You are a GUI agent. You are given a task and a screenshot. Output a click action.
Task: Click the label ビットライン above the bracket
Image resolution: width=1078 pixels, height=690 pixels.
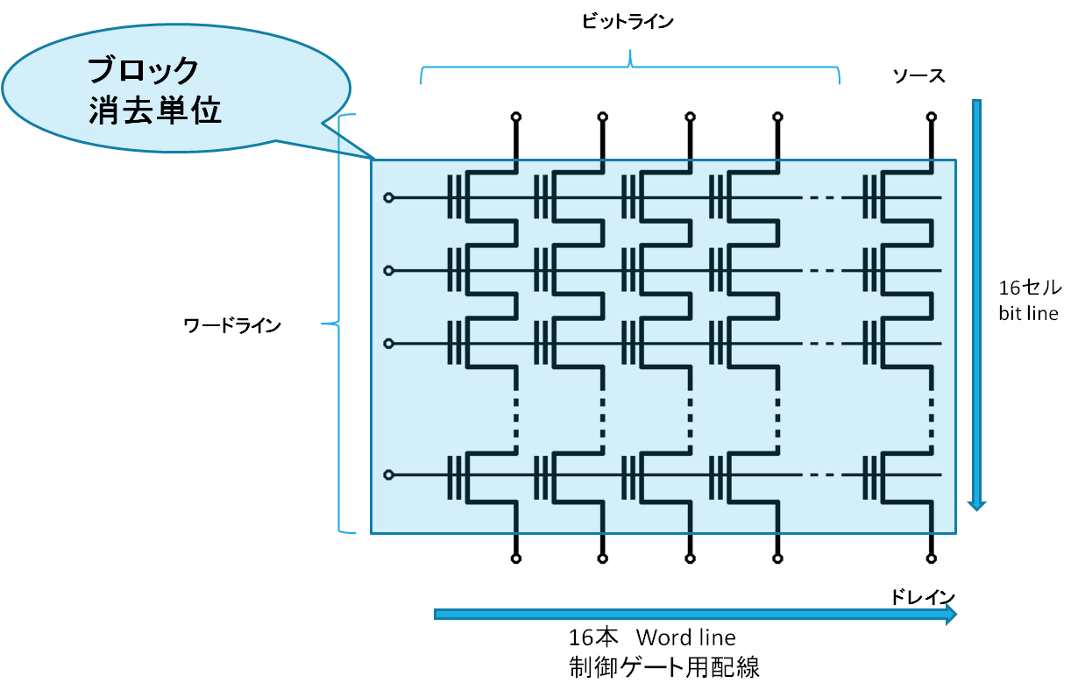pyautogui.click(x=628, y=22)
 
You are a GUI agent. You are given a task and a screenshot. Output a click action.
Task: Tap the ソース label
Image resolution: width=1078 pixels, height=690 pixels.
pyautogui.click(x=918, y=76)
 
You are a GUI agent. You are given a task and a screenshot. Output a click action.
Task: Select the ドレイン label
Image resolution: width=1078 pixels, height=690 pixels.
pyautogui.click(x=923, y=597)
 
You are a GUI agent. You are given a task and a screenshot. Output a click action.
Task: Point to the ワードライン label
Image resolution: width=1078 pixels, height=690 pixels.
pyautogui.click(x=232, y=325)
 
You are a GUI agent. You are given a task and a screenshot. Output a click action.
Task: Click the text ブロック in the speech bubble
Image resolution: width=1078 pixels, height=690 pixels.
pyautogui.click(x=143, y=70)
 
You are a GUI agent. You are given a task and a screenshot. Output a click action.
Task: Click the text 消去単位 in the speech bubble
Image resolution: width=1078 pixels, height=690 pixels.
pyautogui.click(x=155, y=110)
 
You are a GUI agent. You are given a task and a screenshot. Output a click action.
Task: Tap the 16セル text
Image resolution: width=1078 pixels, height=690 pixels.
pyautogui.click(x=1030, y=288)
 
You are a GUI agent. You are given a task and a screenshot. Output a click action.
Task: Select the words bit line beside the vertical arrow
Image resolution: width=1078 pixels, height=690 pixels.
pyautogui.click(x=1028, y=314)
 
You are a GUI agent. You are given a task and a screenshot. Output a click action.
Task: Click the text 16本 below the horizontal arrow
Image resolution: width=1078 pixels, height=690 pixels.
pyautogui.click(x=592, y=637)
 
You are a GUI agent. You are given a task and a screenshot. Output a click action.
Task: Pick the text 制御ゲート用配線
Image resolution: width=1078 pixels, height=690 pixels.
pyautogui.click(x=664, y=667)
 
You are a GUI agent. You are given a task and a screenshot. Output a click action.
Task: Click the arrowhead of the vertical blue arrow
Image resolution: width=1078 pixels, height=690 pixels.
pyautogui.click(x=977, y=505)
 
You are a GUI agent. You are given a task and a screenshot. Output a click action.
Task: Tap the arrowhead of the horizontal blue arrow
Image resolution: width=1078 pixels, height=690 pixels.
pyautogui.click(x=951, y=615)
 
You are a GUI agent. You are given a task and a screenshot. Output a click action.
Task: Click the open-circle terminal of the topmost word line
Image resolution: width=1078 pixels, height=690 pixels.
pyautogui.click(x=389, y=197)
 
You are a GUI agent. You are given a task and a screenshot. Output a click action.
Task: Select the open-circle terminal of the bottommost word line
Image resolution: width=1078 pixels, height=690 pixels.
pyautogui.click(x=389, y=475)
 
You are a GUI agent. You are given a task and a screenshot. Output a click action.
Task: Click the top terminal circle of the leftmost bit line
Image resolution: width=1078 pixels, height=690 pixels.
pyautogui.click(x=516, y=117)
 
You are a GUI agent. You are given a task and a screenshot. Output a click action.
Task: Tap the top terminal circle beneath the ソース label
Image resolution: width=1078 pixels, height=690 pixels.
pyautogui.click(x=932, y=117)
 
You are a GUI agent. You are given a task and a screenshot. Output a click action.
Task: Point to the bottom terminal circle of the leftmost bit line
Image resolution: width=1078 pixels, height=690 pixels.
pyautogui.click(x=516, y=558)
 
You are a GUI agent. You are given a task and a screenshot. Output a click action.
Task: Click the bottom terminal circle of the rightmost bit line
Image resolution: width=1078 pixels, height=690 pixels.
pyautogui.click(x=932, y=558)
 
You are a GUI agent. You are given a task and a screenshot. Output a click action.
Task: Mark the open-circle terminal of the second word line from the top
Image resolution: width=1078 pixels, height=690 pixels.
pyautogui.click(x=389, y=271)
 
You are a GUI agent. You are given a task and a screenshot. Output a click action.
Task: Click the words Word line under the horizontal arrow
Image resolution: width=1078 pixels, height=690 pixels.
pyautogui.click(x=685, y=637)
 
